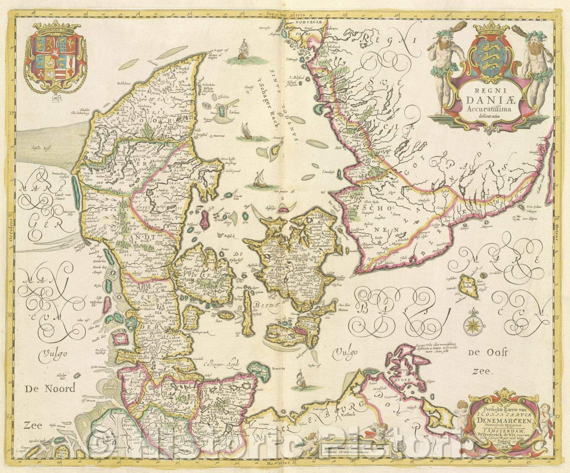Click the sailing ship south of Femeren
click(x=300, y=378)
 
